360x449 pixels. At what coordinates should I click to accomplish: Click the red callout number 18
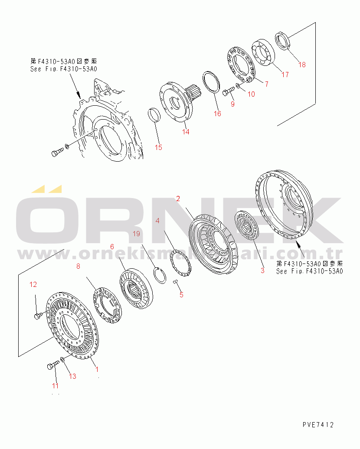302,65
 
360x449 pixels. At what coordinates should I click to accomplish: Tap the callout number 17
285,75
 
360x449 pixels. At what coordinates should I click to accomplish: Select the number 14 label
186,132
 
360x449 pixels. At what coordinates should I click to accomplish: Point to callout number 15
158,147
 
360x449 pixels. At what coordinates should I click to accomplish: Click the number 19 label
137,234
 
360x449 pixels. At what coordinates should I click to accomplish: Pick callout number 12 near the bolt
33,284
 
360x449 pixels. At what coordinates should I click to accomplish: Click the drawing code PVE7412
318,425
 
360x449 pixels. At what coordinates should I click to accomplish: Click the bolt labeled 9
228,91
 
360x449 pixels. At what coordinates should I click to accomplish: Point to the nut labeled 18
282,40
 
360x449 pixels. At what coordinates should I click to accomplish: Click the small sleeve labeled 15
155,115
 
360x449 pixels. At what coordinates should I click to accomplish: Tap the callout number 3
262,271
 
